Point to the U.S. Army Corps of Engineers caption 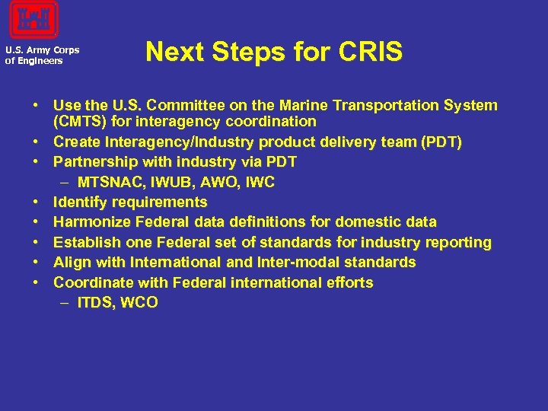point(42,56)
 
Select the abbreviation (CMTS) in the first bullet point(79,121)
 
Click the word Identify point(80,202)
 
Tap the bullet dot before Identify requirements point(37,202)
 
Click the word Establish point(84,243)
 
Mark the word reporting point(459,243)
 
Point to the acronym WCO point(141,303)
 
